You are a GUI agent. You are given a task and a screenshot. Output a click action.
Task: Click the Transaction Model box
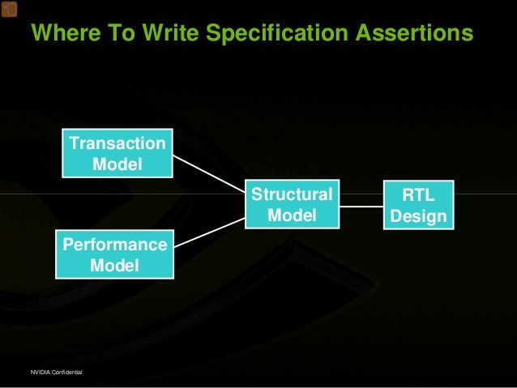117,154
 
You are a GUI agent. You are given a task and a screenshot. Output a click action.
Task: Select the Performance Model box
113,254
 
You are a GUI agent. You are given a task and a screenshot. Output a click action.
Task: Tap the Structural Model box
291,205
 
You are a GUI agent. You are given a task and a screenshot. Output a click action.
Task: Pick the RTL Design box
418,205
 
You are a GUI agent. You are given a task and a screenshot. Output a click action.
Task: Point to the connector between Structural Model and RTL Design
361,206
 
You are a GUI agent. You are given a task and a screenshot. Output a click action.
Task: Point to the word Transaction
117,143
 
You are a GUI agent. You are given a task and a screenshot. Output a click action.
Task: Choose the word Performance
113,244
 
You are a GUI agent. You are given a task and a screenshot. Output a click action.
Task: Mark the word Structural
291,194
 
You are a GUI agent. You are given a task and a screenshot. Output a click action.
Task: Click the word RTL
418,194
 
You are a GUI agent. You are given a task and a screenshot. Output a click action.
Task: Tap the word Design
418,216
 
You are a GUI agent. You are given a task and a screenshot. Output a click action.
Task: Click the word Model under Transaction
117,164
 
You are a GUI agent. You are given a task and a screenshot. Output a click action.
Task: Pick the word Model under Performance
113,265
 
